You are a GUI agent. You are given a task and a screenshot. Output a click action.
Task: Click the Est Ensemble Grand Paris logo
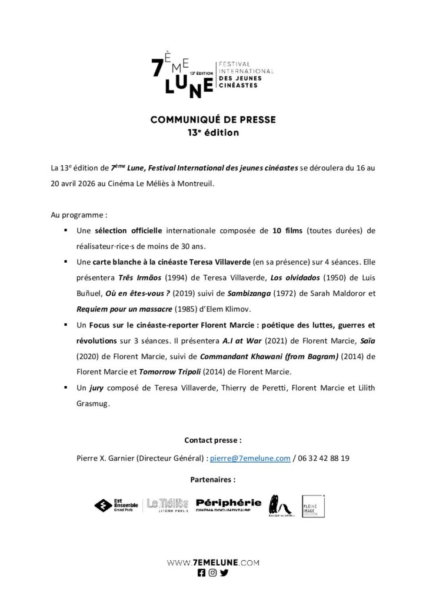click(x=117, y=504)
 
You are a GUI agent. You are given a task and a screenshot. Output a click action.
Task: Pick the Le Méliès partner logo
click(x=168, y=504)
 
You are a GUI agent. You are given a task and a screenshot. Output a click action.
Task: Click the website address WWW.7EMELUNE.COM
click(x=213, y=562)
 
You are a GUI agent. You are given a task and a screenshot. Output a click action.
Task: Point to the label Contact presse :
click(x=213, y=439)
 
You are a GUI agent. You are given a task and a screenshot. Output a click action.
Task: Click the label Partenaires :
click(x=213, y=479)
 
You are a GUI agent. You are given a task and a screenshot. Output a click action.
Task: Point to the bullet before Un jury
click(x=63, y=388)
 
